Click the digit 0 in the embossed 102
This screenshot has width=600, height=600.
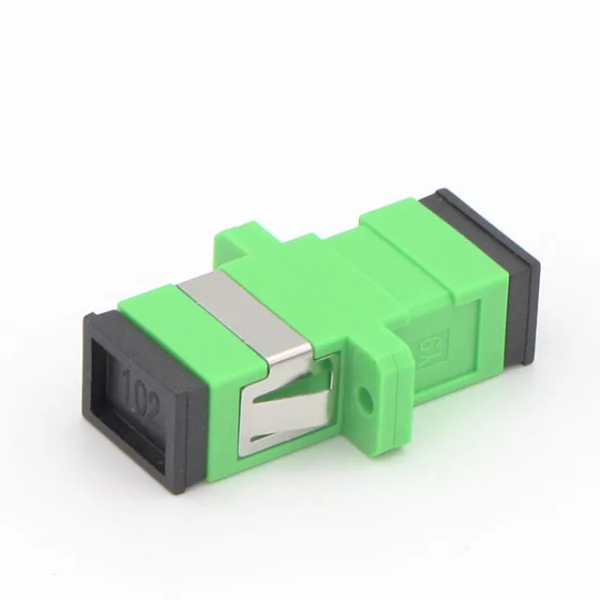pyautogui.click(x=139, y=386)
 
